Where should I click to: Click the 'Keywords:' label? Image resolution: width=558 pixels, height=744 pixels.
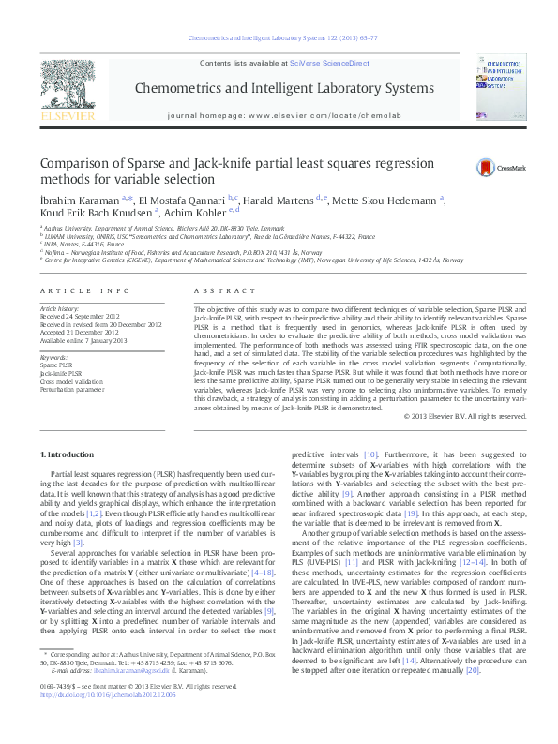(53, 357)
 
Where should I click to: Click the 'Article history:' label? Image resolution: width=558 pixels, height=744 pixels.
(60, 307)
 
